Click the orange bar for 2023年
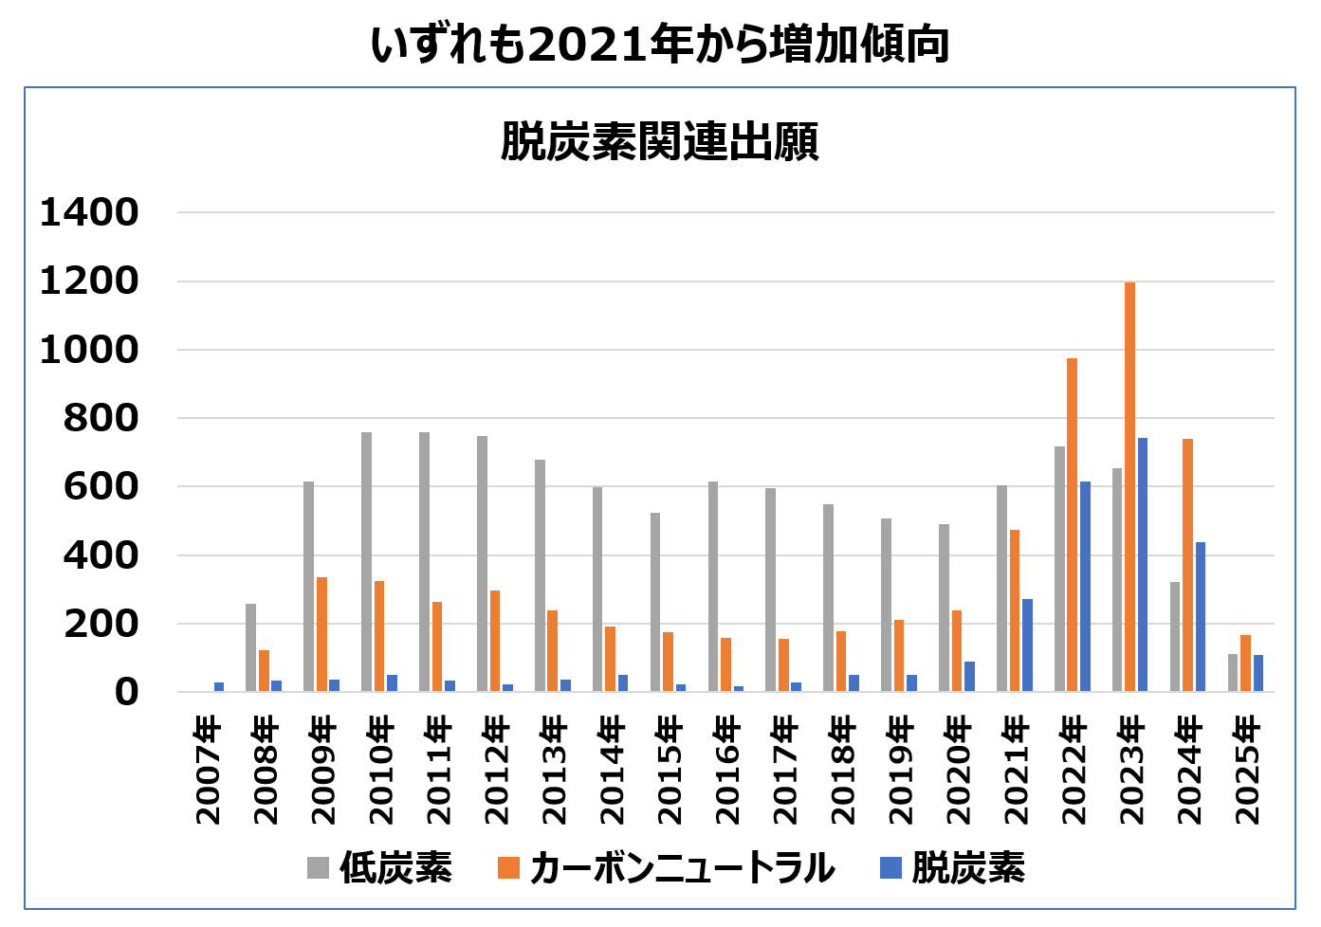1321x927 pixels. [1129, 487]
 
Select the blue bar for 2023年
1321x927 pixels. [1143, 565]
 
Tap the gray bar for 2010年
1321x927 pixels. [366, 562]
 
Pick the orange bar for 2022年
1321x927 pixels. [1072, 525]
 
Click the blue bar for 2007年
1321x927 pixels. [219, 686]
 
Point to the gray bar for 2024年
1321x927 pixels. [1175, 637]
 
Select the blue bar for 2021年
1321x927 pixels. [1027, 645]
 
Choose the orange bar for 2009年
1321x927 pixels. [321, 634]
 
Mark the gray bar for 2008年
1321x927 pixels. [250, 647]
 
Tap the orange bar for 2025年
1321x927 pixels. [1245, 663]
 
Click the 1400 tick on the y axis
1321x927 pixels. [89, 213]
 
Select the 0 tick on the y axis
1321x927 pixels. [126, 693]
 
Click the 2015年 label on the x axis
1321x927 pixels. [670, 771]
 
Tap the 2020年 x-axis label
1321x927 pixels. [958, 771]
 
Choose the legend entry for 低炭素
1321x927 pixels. [379, 867]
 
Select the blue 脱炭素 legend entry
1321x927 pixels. [952, 867]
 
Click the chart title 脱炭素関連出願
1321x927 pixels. [659, 142]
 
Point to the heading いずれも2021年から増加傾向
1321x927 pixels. [660, 45]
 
